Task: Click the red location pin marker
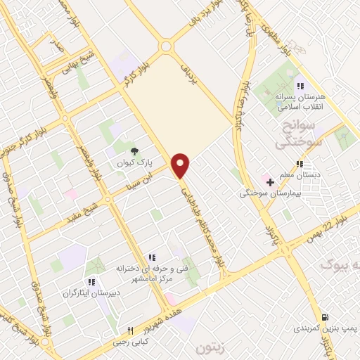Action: (x=181, y=165)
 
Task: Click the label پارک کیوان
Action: (x=134, y=161)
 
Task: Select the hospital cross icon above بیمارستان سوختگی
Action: (x=270, y=182)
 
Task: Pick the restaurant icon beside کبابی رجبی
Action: (x=131, y=331)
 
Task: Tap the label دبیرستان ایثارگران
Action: (x=92, y=292)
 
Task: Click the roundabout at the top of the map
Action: (x=166, y=47)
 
